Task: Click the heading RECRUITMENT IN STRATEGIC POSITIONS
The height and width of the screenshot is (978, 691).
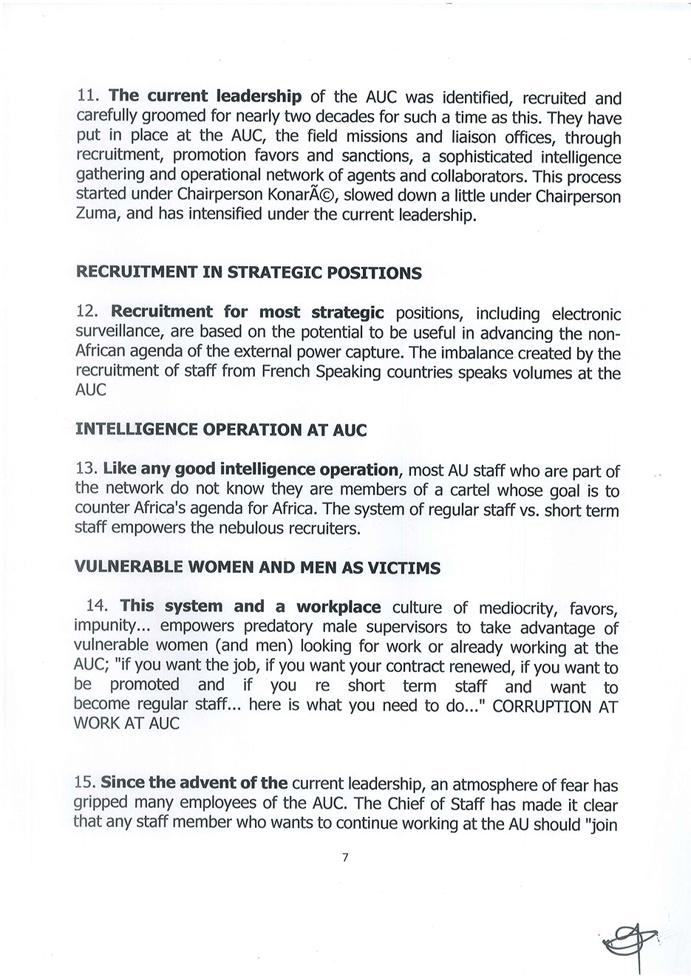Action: tap(249, 273)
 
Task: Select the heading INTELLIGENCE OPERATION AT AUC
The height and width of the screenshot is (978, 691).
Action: tap(221, 430)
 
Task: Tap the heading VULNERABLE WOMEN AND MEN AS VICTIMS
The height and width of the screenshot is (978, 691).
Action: tap(258, 568)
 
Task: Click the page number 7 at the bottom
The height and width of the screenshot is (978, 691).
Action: tap(345, 858)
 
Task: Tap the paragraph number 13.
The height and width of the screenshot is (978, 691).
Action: tap(86, 469)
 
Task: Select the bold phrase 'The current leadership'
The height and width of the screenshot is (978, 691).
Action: tap(205, 97)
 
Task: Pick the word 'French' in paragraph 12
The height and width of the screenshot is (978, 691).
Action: tap(287, 372)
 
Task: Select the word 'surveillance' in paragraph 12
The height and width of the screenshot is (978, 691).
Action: tap(118, 333)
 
